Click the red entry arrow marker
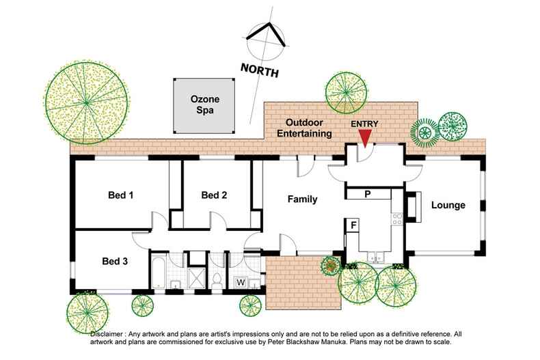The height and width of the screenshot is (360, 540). pos(366,137)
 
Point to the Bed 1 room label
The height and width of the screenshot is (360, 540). pos(120,195)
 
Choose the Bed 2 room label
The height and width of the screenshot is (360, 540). pos(214,195)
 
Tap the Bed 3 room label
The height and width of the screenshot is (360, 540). pos(114,260)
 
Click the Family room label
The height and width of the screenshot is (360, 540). pos(301,199)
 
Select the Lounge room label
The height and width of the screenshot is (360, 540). pos(448,205)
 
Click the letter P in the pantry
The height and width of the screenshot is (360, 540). pos(367,194)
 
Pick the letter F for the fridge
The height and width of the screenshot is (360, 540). pos(353,224)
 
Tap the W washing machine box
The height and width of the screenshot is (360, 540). pos(241,281)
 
